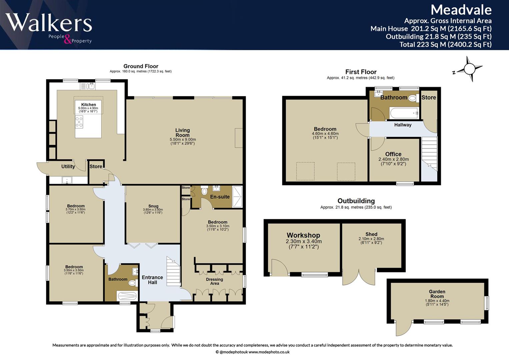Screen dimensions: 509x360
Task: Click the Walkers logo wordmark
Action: (x=49, y=22)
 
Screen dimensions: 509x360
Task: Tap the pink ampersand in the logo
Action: (x=67, y=39)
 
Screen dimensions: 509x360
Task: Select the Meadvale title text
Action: (x=461, y=10)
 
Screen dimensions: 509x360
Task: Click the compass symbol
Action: (x=468, y=69)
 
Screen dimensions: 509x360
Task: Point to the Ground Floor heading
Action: (x=141, y=66)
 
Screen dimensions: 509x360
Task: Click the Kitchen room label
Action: (x=88, y=105)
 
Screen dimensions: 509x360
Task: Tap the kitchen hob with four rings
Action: (x=79, y=122)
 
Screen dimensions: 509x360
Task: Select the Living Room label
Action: (x=182, y=133)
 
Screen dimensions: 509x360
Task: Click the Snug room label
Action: (x=153, y=206)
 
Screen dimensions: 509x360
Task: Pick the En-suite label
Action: (x=220, y=197)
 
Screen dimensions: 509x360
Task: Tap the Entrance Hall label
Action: (x=152, y=280)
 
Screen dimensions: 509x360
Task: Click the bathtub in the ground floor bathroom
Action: (x=127, y=296)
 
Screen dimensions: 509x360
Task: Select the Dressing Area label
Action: (x=215, y=281)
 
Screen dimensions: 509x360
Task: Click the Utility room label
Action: (x=68, y=166)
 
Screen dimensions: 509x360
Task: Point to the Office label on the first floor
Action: (x=393, y=154)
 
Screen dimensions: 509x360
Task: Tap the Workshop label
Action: (x=303, y=235)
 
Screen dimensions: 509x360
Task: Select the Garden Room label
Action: (x=437, y=294)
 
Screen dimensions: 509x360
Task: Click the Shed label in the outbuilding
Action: (x=371, y=234)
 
